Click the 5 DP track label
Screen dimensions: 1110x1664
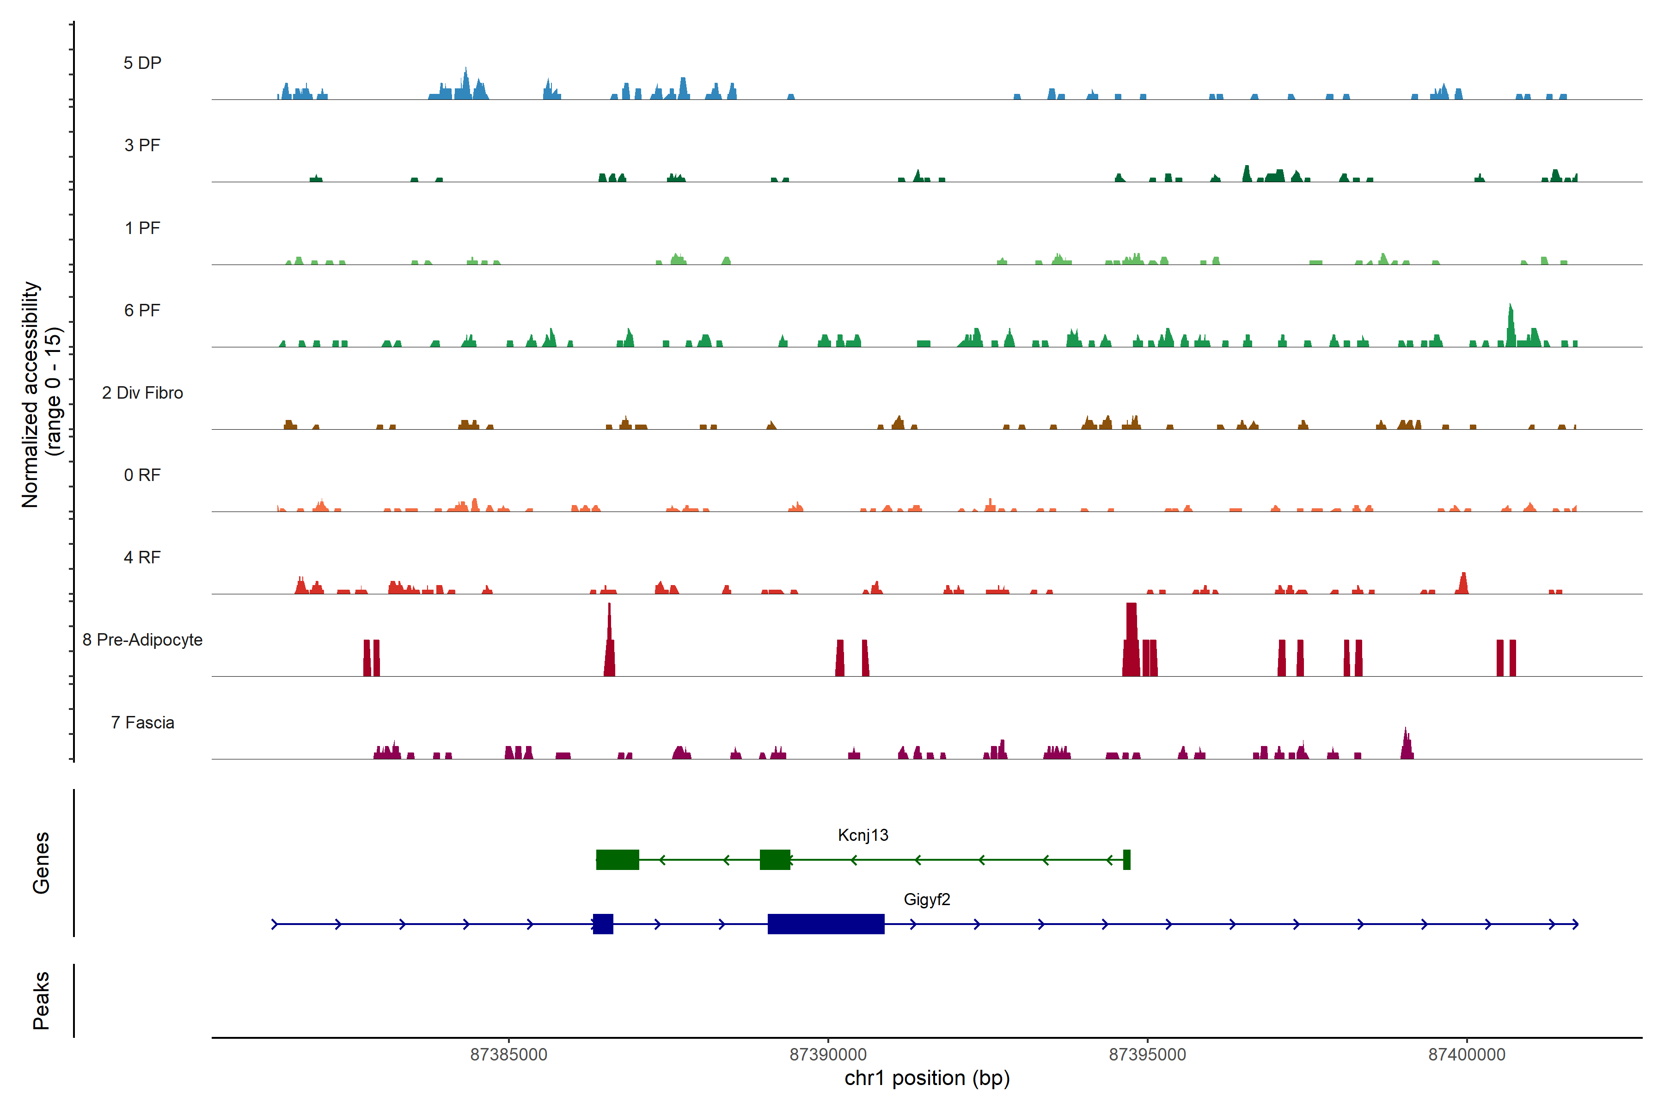pos(142,63)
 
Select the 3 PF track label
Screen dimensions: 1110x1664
pos(142,145)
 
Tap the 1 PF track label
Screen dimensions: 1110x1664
pos(142,228)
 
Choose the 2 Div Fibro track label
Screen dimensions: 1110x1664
pos(142,393)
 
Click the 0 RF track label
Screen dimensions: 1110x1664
pos(142,475)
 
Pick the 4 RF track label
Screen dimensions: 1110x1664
pos(142,557)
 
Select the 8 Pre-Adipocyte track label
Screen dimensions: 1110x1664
pos(142,640)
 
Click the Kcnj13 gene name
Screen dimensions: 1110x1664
pos(863,835)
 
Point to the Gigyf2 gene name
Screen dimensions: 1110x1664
pos(927,900)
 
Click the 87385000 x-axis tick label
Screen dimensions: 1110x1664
pos(509,1055)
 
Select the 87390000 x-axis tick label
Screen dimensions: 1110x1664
pos(828,1055)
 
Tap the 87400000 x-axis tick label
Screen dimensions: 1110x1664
pos(1467,1055)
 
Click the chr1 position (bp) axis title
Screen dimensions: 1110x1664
pos(927,1078)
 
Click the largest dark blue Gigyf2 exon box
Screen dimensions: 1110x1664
pos(826,924)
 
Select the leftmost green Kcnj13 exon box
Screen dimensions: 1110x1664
pos(618,859)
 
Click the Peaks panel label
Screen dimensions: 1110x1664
pos(41,1000)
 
